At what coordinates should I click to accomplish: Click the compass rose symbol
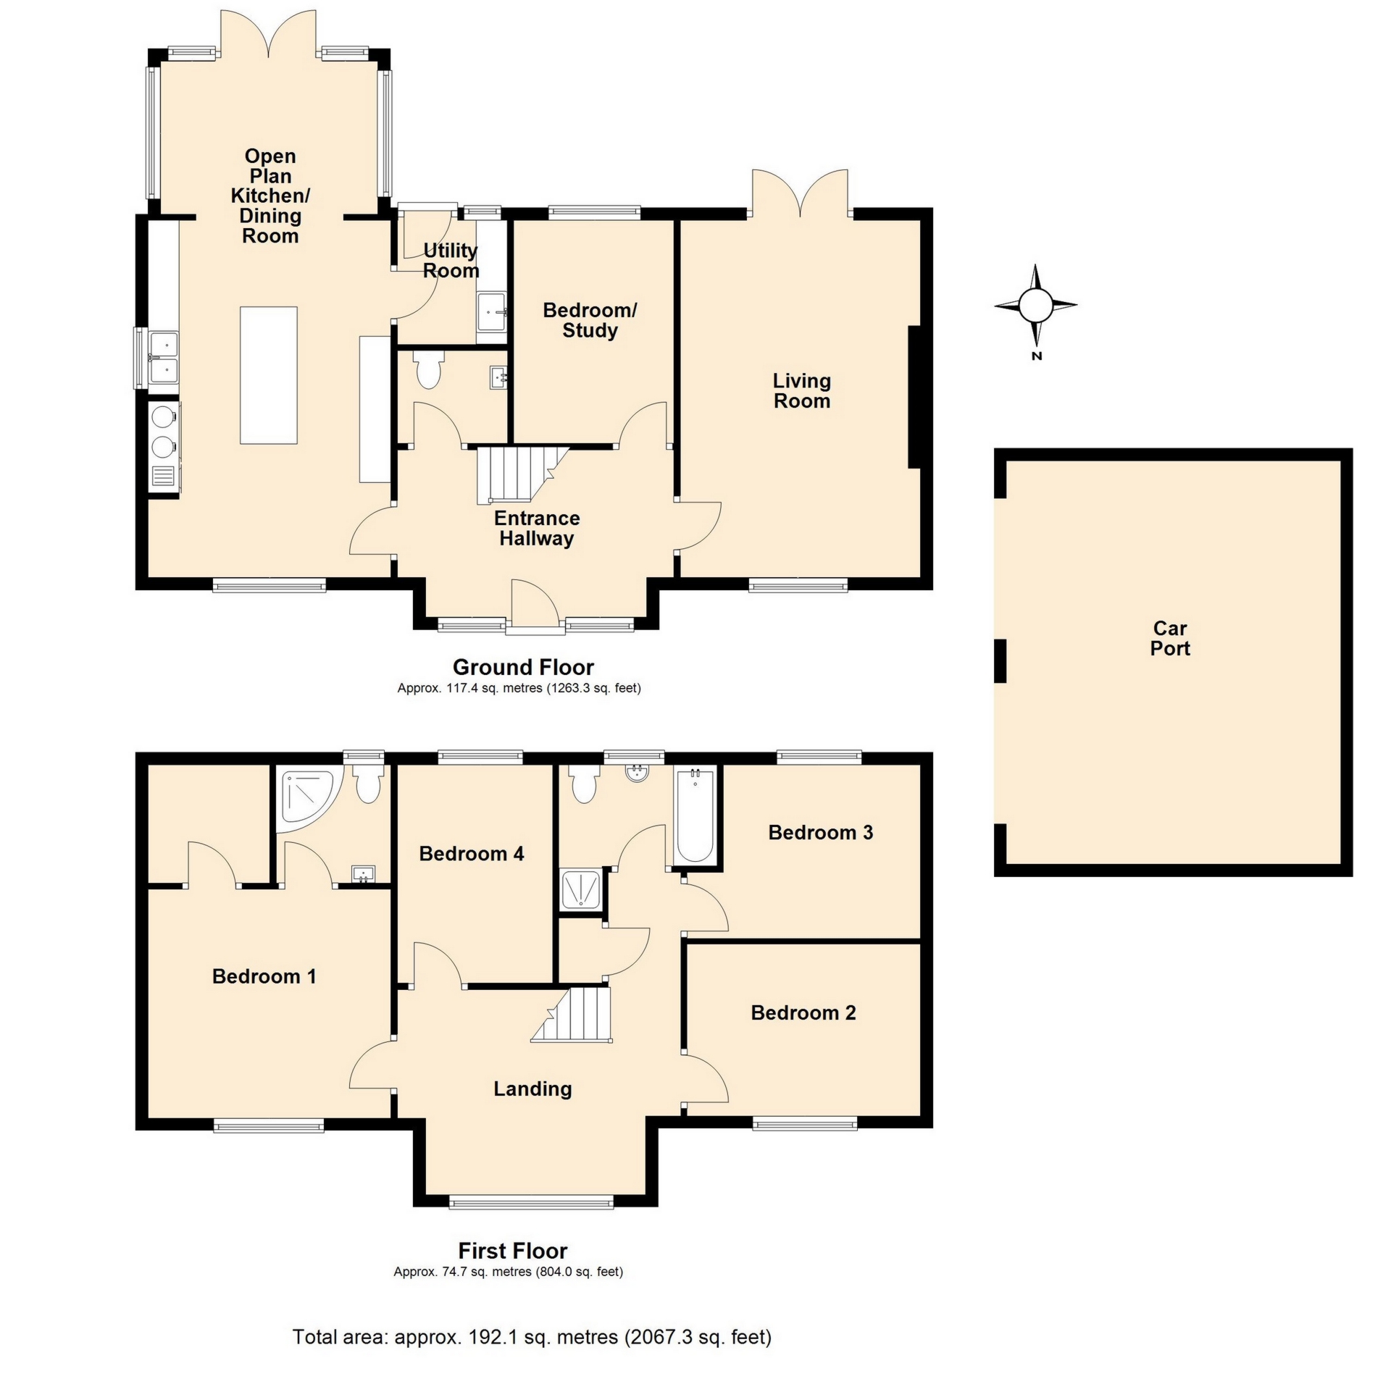1035,305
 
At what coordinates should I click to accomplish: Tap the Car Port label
1169,638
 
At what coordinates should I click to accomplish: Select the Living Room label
801,390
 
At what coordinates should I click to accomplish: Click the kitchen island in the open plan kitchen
268,374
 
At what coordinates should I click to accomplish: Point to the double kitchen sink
163,356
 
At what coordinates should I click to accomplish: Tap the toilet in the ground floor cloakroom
428,370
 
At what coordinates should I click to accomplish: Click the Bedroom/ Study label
589,319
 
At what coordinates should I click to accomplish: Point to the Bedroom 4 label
471,853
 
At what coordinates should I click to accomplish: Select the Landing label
532,1088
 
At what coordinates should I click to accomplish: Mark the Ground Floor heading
522,666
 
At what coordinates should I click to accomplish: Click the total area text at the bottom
531,1336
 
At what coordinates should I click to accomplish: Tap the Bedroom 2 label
803,1012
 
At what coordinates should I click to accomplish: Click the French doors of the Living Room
800,194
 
